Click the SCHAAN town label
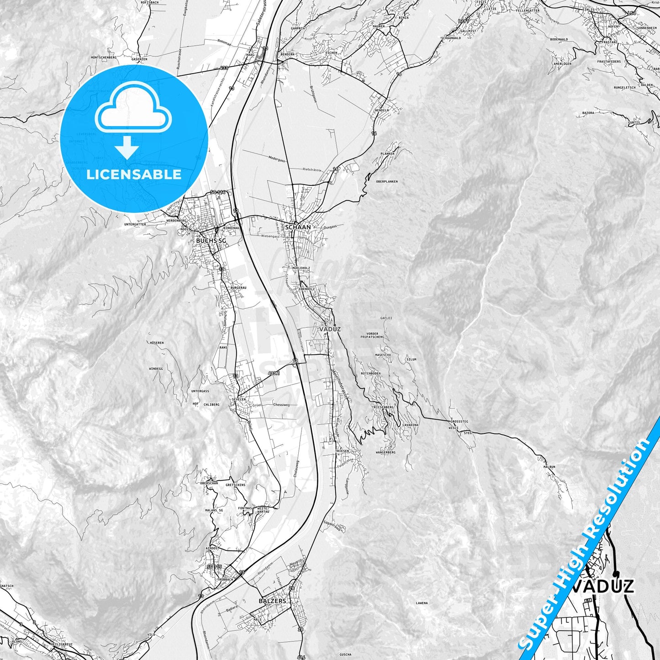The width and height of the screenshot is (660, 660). click(x=298, y=227)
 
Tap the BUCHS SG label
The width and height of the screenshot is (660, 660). click(x=211, y=241)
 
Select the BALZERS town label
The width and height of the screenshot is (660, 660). click(x=272, y=601)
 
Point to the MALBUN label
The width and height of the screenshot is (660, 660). click(x=549, y=467)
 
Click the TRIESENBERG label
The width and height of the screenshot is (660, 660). click(x=383, y=407)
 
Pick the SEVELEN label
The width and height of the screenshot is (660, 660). click(x=239, y=399)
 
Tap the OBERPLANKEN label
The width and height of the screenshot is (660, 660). click(x=387, y=181)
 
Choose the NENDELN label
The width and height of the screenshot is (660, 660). click(x=381, y=111)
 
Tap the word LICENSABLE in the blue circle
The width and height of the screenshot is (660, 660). click(x=134, y=174)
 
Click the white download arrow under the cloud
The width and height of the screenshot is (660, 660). click(x=127, y=148)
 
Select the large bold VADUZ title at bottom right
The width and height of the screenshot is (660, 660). click(x=603, y=586)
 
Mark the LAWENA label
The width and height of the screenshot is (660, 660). click(x=422, y=603)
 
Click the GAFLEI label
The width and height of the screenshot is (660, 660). click(x=386, y=318)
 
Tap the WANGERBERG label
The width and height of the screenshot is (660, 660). click(x=385, y=452)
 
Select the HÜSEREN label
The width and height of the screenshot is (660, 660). click(x=156, y=343)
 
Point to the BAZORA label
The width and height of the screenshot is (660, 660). click(x=588, y=112)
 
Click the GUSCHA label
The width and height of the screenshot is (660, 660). click(x=345, y=641)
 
